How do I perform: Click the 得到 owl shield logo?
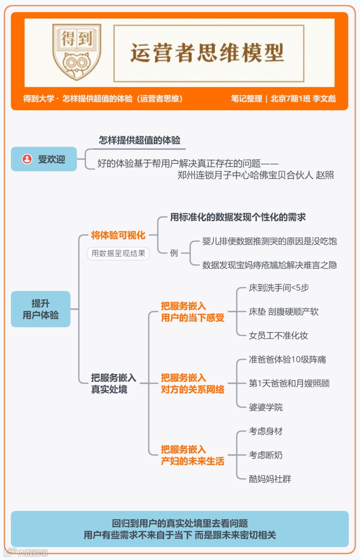(76, 52)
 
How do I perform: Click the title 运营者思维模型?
(207, 52)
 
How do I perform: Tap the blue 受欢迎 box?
(44, 159)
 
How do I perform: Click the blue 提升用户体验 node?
(40, 309)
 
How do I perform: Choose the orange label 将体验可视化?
(118, 235)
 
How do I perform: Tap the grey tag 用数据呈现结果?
(118, 253)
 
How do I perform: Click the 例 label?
(173, 253)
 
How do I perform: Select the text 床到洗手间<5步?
(282, 288)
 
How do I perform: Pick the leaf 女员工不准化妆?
(278, 336)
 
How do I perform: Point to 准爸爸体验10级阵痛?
(287, 360)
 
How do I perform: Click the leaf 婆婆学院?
(265, 408)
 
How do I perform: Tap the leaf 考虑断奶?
(265, 455)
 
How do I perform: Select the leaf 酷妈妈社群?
(270, 479)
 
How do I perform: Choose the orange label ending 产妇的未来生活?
(192, 455)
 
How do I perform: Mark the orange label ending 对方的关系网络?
(192, 384)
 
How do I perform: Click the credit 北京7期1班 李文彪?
(303, 98)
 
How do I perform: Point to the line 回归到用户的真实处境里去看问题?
(180, 524)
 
